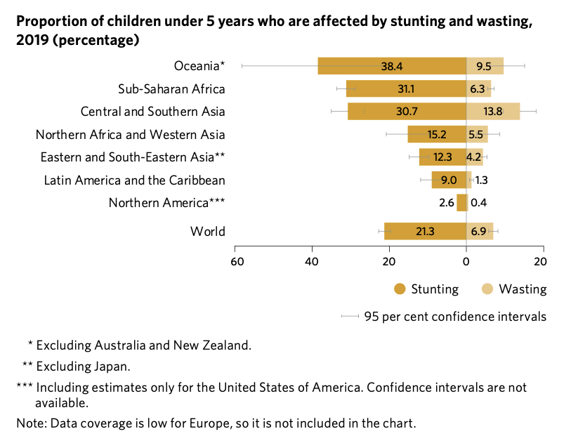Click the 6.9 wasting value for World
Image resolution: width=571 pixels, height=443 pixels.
pos(479,231)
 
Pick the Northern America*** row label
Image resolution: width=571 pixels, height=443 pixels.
pos(166,203)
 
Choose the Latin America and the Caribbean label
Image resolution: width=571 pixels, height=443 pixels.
pos(134,180)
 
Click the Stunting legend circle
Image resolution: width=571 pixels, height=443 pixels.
pos(400,289)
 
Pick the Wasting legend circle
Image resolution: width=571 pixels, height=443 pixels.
pos(487,289)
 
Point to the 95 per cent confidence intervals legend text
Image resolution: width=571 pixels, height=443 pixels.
pos(455,317)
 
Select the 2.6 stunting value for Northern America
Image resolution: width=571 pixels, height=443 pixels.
pos(446,203)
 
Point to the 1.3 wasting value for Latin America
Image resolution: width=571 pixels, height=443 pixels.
pos(482,180)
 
